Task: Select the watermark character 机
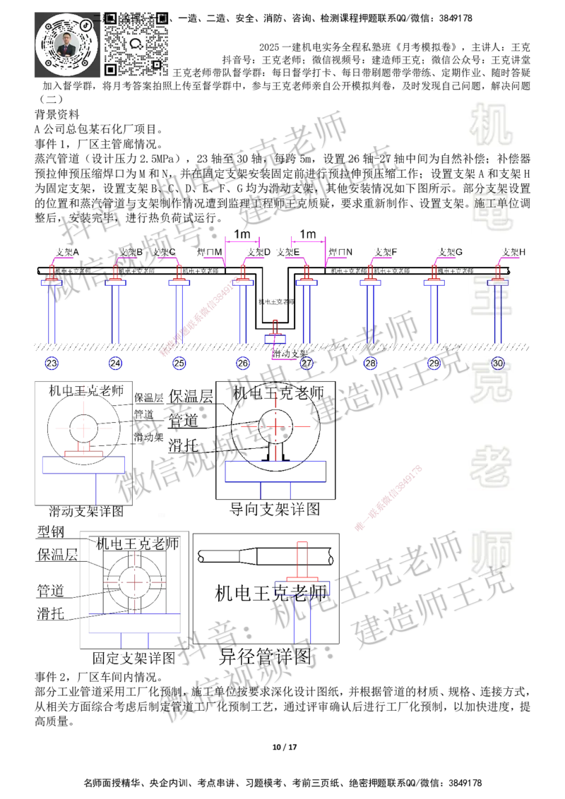tap(492, 124)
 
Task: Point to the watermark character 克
tap(492, 381)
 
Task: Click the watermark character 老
tap(492, 466)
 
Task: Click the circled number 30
tap(498, 363)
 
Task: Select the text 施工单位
tap(496, 203)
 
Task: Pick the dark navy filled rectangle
tap(337, 311)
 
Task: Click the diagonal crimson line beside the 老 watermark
tap(388, 498)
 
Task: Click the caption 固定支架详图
tap(134, 660)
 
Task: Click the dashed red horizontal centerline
tap(275, 427)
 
